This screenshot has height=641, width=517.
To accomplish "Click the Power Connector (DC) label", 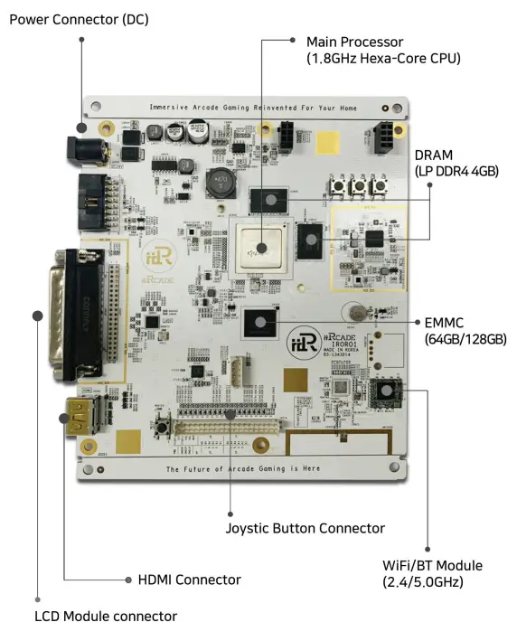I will coord(79,18).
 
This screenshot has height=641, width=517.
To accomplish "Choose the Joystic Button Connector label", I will coord(305,528).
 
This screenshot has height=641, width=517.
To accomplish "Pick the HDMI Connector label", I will coord(189,579).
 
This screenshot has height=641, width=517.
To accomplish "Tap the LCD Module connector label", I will coord(105,617).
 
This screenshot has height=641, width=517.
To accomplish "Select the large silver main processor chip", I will coord(261,246).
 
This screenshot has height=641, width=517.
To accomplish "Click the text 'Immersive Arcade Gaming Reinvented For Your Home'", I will coord(253,107).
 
